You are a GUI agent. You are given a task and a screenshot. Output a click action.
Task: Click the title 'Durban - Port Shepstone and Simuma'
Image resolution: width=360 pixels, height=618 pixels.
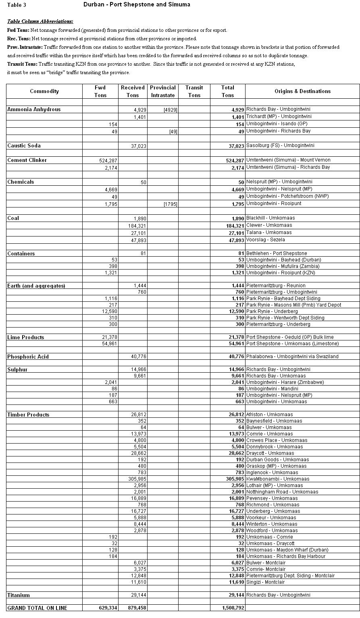point(137,5)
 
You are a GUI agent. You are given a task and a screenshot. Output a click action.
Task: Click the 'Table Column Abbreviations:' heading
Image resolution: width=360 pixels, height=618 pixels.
point(40,21)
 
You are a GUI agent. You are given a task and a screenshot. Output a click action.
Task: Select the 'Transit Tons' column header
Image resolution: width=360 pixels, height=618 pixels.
point(194,91)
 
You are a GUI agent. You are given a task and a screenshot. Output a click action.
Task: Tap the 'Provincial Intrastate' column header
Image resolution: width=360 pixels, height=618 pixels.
point(162,91)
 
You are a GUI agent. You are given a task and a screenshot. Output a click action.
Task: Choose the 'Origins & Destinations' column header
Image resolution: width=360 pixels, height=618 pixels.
point(302,91)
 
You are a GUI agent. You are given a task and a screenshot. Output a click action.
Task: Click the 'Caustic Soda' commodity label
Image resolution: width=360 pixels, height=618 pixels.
point(24,146)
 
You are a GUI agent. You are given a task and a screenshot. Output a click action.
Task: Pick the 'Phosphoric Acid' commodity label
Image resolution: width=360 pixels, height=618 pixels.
point(28,357)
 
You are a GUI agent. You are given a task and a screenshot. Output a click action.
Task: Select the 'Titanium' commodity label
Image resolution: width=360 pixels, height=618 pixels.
point(19,595)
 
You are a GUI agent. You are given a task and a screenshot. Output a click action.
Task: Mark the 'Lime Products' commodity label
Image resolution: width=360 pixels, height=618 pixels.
point(26,338)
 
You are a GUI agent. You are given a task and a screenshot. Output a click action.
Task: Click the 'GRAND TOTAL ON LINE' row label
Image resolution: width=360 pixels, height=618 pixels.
point(37,608)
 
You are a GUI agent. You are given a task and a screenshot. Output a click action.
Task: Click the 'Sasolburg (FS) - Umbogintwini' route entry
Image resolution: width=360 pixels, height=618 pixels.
point(280,146)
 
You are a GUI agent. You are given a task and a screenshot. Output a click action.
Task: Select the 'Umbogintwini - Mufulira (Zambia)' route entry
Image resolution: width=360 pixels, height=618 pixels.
point(283,267)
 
